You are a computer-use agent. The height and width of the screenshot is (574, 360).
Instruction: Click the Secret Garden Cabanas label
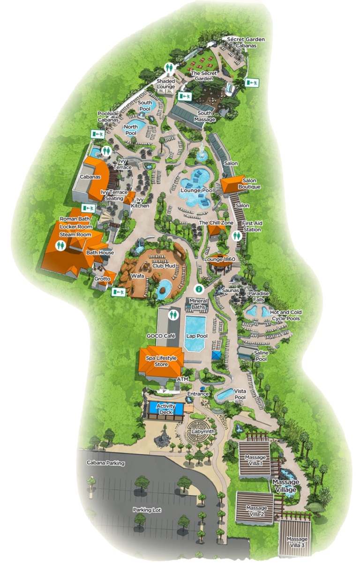246,43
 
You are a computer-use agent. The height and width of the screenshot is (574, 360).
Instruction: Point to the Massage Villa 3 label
298,542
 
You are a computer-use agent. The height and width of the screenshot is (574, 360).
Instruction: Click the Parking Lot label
147,510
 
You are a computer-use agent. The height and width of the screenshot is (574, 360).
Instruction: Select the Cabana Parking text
105,463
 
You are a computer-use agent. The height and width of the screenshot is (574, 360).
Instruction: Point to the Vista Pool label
240,394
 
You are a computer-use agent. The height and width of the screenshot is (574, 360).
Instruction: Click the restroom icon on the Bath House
60,245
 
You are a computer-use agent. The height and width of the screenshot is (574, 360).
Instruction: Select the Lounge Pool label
197,191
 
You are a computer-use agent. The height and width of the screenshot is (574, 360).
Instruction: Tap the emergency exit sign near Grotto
118,293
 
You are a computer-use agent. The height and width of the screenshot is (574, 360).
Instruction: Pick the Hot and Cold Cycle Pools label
286,315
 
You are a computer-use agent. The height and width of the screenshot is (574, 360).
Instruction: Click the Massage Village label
285,486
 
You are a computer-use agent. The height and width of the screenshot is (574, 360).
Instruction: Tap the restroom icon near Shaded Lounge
169,68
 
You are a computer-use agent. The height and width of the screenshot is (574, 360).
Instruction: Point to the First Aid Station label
252,226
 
